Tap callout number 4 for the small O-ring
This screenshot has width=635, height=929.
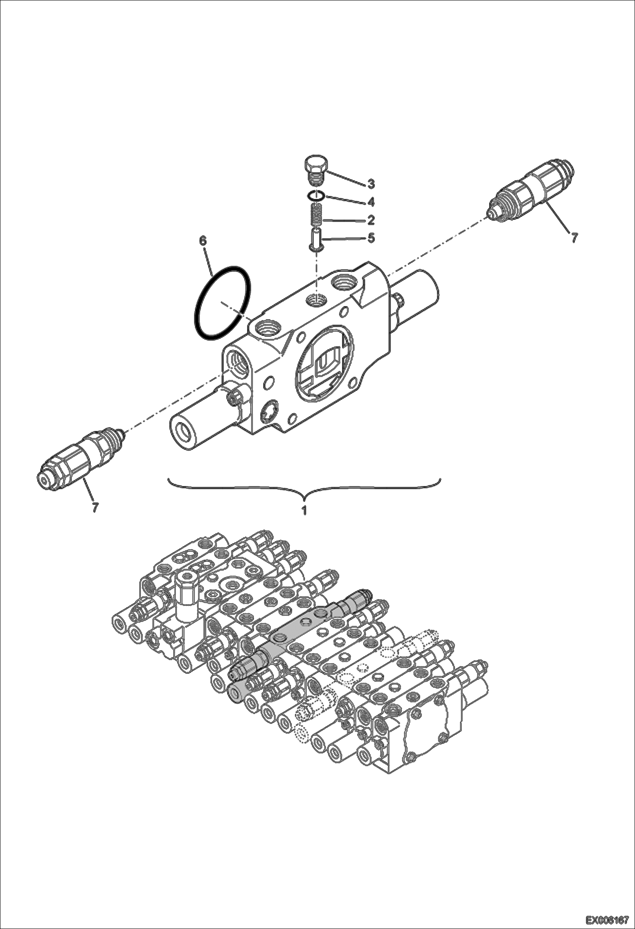point(371,202)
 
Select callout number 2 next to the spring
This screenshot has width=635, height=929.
point(371,220)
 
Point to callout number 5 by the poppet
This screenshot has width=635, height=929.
point(371,238)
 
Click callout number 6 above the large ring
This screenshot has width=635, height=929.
point(203,241)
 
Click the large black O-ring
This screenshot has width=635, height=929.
point(223,303)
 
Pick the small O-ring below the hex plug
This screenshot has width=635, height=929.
point(316,196)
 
